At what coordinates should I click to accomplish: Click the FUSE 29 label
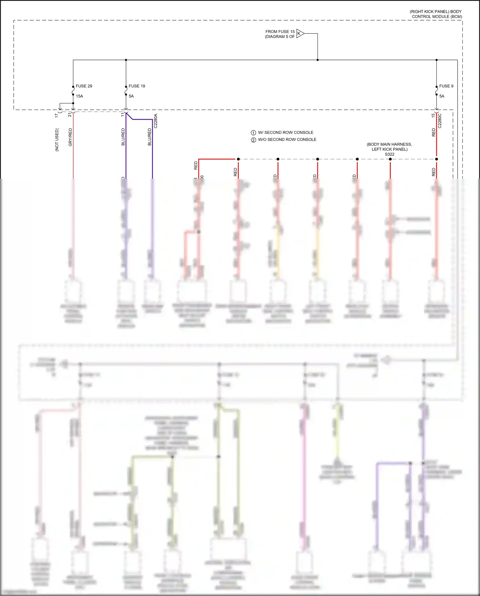[x=84, y=86]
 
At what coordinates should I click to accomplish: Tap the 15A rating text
[x=79, y=96]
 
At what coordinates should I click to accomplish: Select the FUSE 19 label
[x=137, y=86]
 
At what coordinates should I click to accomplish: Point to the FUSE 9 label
[x=446, y=86]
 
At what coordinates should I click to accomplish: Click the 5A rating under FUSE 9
[x=442, y=96]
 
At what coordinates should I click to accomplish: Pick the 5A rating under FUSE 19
[x=131, y=96]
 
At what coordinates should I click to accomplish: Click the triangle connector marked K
[x=300, y=33]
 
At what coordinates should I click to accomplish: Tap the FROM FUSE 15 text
[x=280, y=32]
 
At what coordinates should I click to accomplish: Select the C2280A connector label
[x=156, y=121]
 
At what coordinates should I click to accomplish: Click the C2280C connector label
[x=440, y=121]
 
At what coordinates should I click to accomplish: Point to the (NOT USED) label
[x=57, y=140]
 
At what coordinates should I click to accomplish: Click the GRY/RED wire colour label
[x=70, y=137]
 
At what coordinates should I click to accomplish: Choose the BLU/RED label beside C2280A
[x=149, y=137]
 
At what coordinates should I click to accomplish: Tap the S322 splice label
[x=389, y=154]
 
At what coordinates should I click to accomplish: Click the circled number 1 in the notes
[x=253, y=133]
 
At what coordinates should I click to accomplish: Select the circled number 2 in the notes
[x=253, y=140]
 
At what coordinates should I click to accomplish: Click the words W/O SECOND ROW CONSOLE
[x=287, y=140]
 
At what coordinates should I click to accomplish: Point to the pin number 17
[x=57, y=115]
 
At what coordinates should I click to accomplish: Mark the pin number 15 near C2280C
[x=433, y=115]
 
